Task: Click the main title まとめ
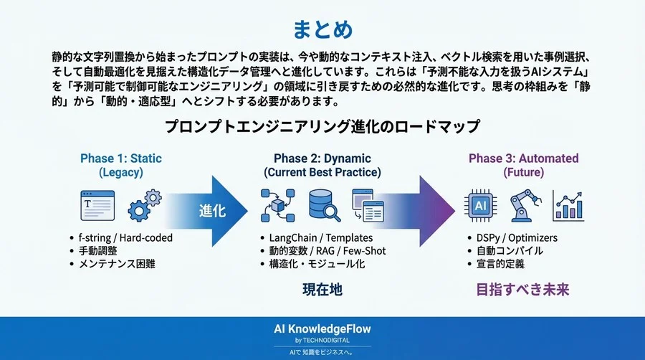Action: pyautogui.click(x=322, y=29)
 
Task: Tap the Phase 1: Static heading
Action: pyautogui.click(x=121, y=158)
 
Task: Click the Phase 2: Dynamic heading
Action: pyautogui.click(x=322, y=158)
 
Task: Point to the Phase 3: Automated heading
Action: pyautogui.click(x=523, y=158)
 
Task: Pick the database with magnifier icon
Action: pyautogui.click(x=324, y=206)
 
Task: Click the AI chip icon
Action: pyautogui.click(x=479, y=207)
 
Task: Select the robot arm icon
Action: pyautogui.click(x=525, y=207)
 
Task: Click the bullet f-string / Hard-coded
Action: pyautogui.click(x=126, y=238)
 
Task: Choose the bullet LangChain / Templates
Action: pyautogui.click(x=315, y=238)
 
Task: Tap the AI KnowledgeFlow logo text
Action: pyautogui.click(x=322, y=328)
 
